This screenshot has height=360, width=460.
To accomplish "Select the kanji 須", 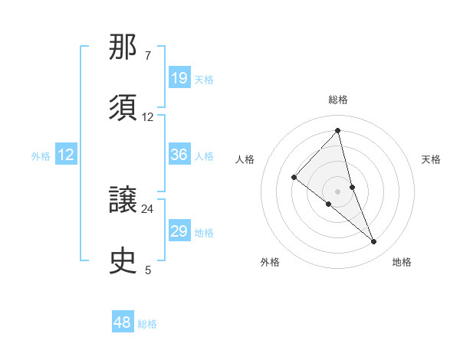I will (124, 108).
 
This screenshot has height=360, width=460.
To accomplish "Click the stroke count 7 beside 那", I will (148, 56).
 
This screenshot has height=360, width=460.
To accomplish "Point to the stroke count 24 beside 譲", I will (148, 208).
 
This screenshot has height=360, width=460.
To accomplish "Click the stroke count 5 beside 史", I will (148, 270).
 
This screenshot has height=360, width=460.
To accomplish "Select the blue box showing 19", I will (179, 78).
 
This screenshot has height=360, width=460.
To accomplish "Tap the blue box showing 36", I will (179, 155).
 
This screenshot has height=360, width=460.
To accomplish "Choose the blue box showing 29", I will (179, 231).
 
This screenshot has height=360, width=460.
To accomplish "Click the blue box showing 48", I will (123, 322).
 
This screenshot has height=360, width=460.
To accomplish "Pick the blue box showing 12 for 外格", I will (66, 155).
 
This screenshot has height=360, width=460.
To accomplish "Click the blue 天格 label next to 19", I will (204, 79).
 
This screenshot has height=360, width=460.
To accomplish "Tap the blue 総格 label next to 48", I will (147, 324).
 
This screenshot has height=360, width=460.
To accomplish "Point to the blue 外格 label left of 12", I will (41, 155).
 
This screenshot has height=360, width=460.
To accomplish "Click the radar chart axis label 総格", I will (338, 100).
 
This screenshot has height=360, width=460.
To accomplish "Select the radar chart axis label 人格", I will (245, 159).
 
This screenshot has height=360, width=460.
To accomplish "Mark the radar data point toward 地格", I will (374, 242).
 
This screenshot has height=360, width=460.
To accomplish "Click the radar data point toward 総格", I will (338, 131).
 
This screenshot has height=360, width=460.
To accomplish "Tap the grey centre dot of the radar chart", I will (338, 191).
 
